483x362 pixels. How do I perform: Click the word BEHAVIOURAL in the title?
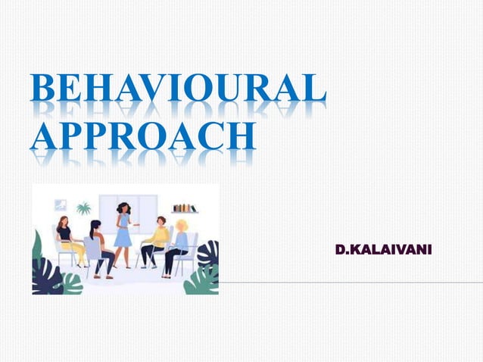pos(179,90)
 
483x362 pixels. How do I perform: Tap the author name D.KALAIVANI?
pos(383,249)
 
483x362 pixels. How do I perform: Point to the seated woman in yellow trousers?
pos(68,240)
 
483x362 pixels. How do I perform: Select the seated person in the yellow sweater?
pos(157,241)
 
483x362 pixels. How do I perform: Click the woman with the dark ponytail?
pos(98,246)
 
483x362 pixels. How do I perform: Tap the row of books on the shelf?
pos(184,208)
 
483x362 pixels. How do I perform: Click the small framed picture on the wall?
pos(61,204)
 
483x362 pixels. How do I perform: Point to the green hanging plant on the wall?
pos(83,208)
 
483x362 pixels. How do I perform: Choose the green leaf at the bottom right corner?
pos(203,281)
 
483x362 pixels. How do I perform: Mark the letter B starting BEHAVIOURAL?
pos(43,90)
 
